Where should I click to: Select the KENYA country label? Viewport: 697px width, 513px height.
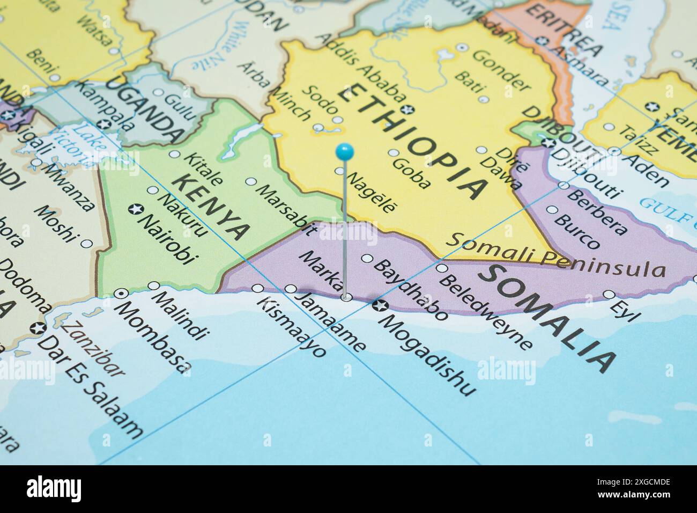coord(211,206)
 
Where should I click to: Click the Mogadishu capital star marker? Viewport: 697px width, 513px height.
coord(379,306)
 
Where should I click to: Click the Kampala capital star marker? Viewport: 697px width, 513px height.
coord(106,124)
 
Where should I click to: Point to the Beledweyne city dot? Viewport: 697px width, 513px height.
coord(441,268)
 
